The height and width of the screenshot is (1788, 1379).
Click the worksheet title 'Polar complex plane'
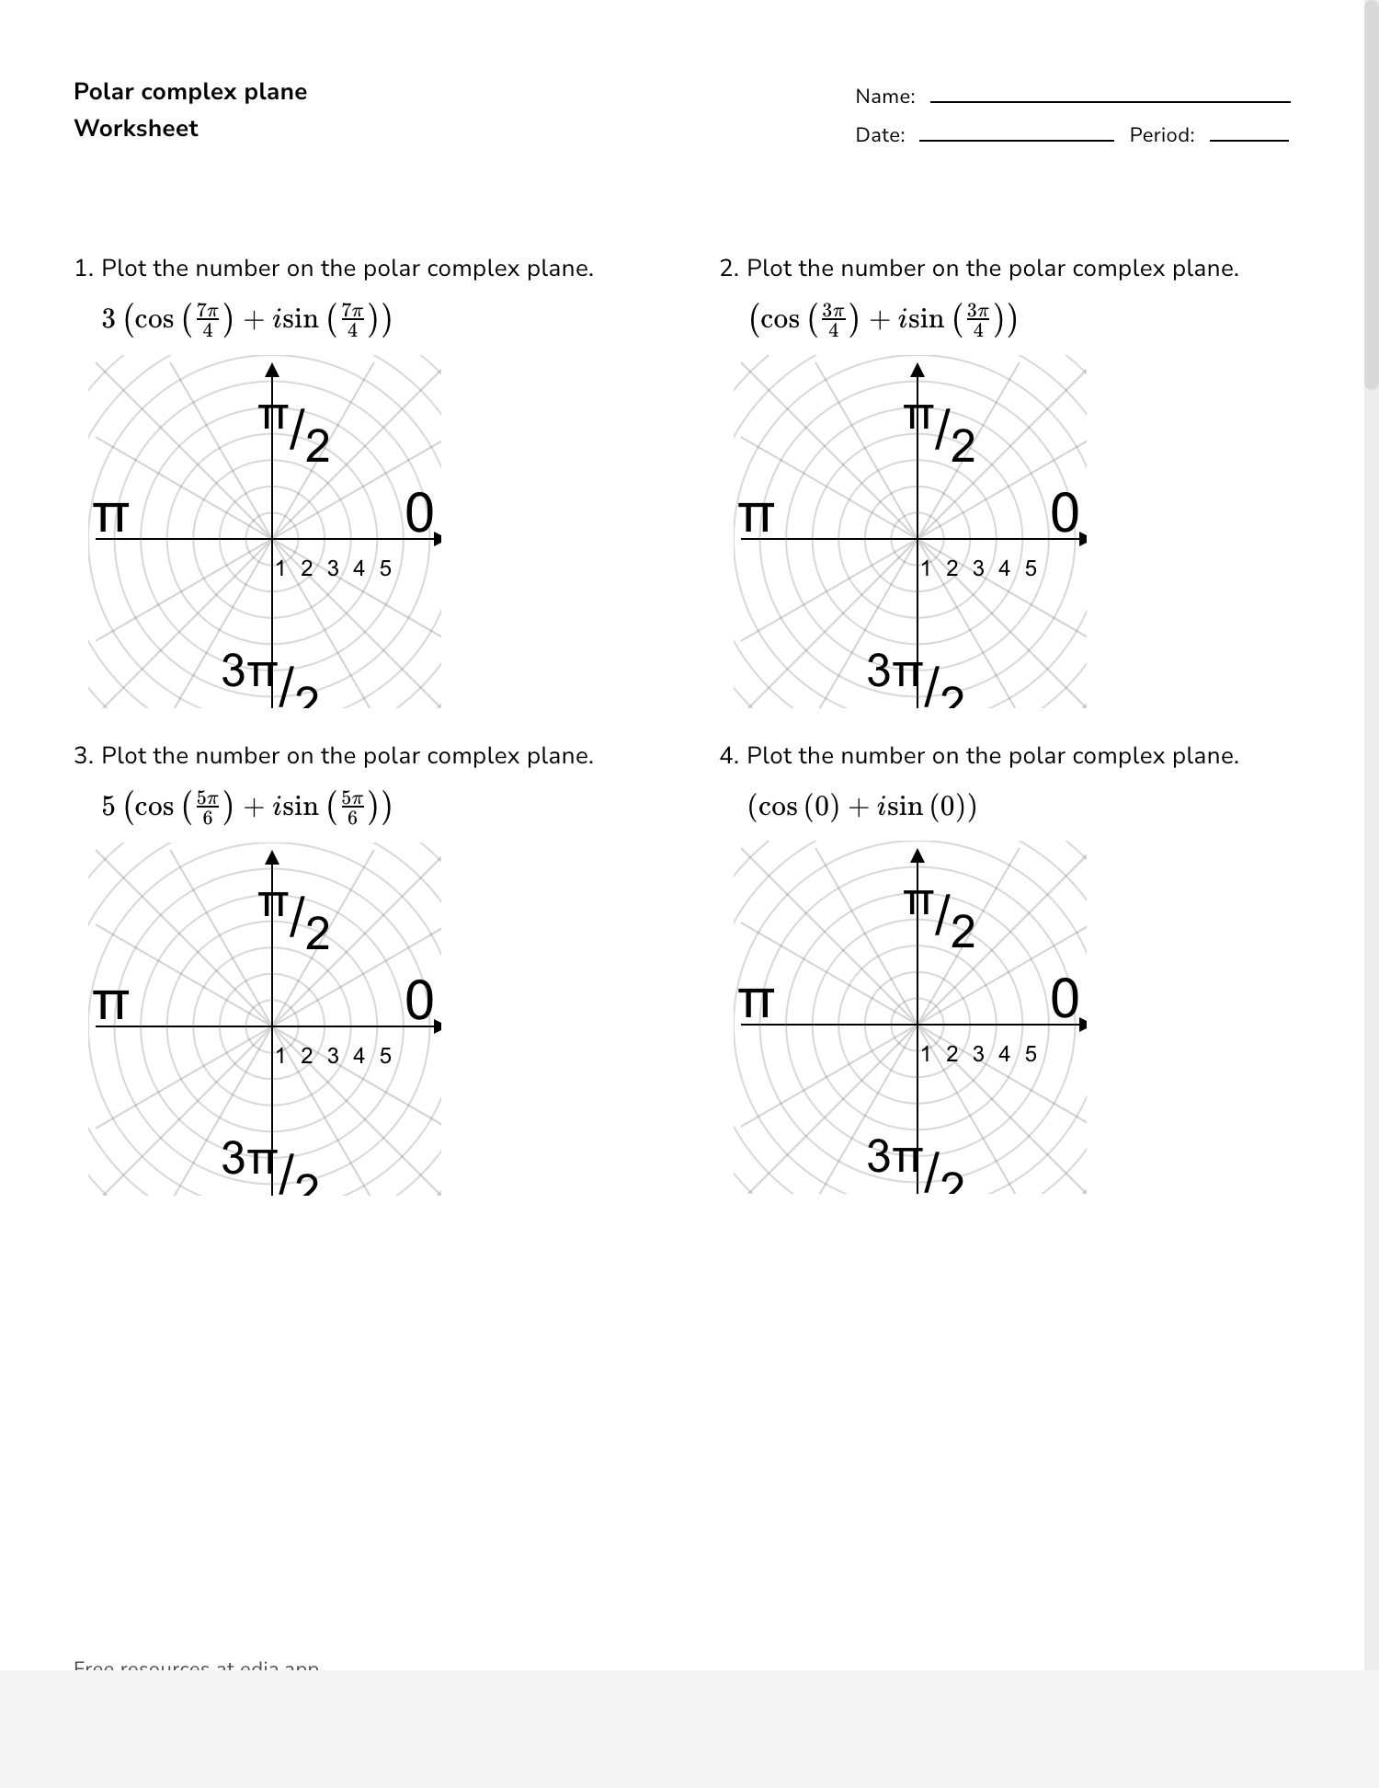tap(190, 92)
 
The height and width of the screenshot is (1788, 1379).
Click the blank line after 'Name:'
tap(1110, 100)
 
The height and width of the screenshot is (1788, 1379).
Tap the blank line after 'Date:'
tap(1016, 139)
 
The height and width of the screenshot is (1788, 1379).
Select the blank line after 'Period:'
tap(1248, 139)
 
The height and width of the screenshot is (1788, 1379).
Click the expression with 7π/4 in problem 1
tap(246, 319)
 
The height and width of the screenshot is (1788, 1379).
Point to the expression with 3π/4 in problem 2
tap(883, 319)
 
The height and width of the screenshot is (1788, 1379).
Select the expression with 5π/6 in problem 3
tap(246, 807)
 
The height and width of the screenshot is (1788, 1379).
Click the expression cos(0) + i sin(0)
tap(861, 807)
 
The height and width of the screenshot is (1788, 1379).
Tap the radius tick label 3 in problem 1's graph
tap(333, 568)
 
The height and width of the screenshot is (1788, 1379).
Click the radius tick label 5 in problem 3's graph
tap(385, 1056)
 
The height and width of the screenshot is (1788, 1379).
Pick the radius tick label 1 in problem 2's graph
tap(927, 568)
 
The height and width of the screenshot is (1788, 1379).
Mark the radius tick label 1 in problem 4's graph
tap(927, 1054)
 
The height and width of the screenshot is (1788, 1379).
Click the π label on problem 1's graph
tap(111, 518)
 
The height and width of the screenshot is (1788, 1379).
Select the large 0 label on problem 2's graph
tap(1065, 513)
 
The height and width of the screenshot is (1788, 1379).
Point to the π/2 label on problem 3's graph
tap(295, 920)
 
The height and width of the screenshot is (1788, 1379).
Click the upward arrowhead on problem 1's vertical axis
tap(272, 370)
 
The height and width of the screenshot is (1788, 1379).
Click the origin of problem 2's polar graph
tap(917, 539)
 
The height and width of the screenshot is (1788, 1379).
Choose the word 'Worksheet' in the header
tap(136, 129)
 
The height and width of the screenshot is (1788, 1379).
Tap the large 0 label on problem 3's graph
tap(419, 1001)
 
